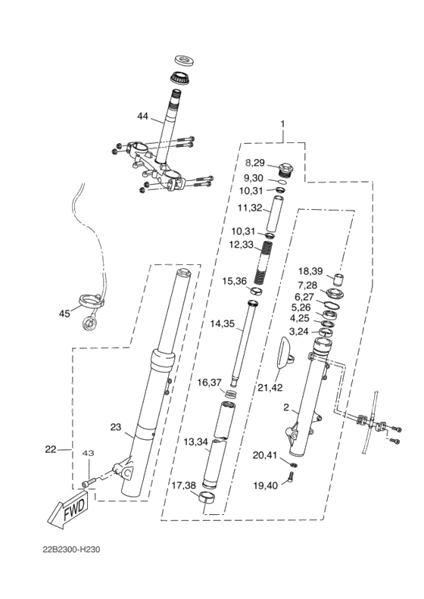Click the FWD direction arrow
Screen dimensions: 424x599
(69, 511)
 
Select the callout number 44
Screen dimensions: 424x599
(142, 116)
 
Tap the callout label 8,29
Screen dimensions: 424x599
(255, 163)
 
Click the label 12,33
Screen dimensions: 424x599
(241, 244)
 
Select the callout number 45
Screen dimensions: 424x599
(64, 314)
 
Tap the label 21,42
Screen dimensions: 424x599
(270, 388)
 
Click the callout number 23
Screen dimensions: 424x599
(116, 426)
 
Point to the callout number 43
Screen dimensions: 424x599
(89, 453)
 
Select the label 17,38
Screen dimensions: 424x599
(184, 485)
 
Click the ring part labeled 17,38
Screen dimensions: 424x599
(206, 498)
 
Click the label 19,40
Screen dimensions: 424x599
(266, 486)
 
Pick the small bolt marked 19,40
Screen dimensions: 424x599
(290, 477)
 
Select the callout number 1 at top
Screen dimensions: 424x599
(282, 124)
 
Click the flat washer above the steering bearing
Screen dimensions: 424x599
(185, 60)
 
